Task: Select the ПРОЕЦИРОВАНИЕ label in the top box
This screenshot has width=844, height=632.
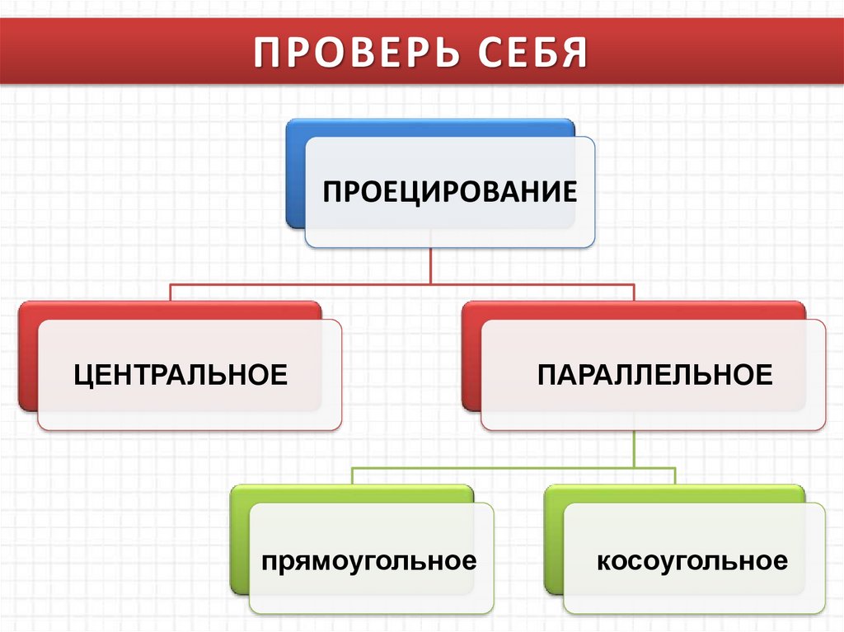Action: tap(449, 194)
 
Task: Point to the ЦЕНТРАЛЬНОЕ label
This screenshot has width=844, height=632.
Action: tap(181, 375)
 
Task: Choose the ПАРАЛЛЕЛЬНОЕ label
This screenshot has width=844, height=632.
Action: tap(655, 375)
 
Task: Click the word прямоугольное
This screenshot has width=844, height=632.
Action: tap(369, 562)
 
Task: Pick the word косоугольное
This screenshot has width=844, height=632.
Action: tap(692, 562)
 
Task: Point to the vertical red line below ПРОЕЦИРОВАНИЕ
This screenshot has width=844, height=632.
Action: tap(431, 265)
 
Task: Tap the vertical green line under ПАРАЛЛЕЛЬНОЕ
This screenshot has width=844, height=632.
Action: tap(634, 449)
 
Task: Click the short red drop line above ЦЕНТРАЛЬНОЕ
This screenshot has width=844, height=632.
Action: tap(171, 293)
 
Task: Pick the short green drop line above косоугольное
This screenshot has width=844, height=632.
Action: tap(674, 476)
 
